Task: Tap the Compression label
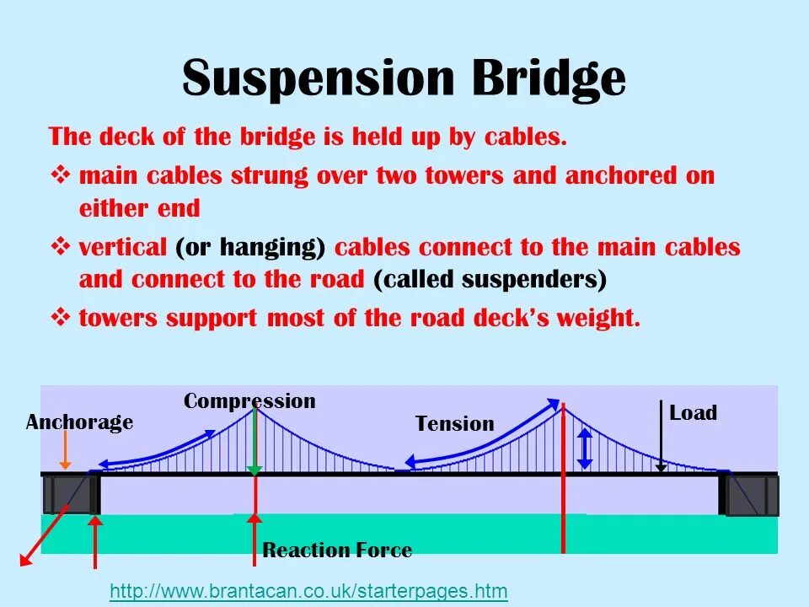[249, 401]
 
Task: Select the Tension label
[454, 424]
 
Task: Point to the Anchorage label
[79, 422]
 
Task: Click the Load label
[693, 413]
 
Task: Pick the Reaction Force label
[337, 551]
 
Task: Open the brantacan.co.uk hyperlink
[308, 591]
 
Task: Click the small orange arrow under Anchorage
[65, 454]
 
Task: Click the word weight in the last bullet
[597, 319]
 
